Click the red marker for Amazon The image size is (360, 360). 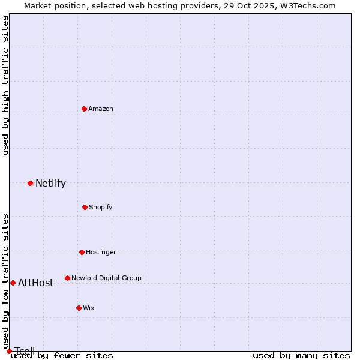pyautogui.click(x=84, y=109)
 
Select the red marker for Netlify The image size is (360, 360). pyautogui.click(x=30, y=183)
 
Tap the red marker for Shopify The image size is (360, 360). pyautogui.click(x=85, y=207)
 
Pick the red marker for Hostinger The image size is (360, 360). pyautogui.click(x=82, y=252)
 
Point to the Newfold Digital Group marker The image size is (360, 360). pyautogui.click(x=67, y=278)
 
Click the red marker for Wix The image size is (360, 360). pyautogui.click(x=79, y=308)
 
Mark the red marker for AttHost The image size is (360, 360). pyautogui.click(x=13, y=283)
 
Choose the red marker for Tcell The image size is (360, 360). pyautogui.click(x=9, y=351)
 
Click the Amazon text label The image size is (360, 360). pyautogui.click(x=101, y=109)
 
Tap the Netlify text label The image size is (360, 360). pyautogui.click(x=50, y=183)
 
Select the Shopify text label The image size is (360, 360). pyautogui.click(x=101, y=207)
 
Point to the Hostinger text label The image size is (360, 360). pyautogui.click(x=101, y=252)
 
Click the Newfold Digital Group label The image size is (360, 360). pyautogui.click(x=106, y=278)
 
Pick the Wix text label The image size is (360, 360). pyautogui.click(x=89, y=308)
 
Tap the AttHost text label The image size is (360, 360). pyautogui.click(x=35, y=283)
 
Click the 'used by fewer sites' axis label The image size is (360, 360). pyautogui.click(x=62, y=355)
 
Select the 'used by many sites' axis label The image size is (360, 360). pyautogui.click(x=301, y=355)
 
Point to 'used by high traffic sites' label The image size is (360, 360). pyautogui.click(x=5, y=85)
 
